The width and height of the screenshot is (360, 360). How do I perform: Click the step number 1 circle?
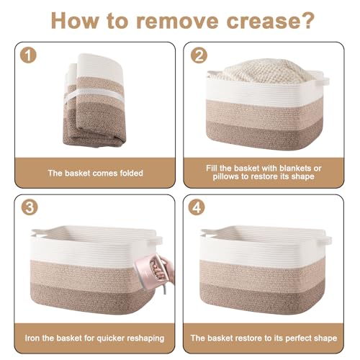click(28, 55)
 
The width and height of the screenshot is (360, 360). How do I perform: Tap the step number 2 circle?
click(199, 55)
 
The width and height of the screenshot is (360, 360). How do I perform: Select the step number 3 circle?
click(30, 207)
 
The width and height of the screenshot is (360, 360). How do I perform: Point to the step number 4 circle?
click(197, 207)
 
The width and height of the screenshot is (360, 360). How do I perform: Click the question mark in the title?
click(306, 20)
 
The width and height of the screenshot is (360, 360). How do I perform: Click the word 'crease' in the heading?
click(261, 22)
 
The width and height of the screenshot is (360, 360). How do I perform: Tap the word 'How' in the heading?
click(75, 20)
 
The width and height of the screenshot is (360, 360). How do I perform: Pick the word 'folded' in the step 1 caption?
click(132, 173)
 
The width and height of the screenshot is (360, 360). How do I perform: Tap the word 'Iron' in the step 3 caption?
click(32, 338)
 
